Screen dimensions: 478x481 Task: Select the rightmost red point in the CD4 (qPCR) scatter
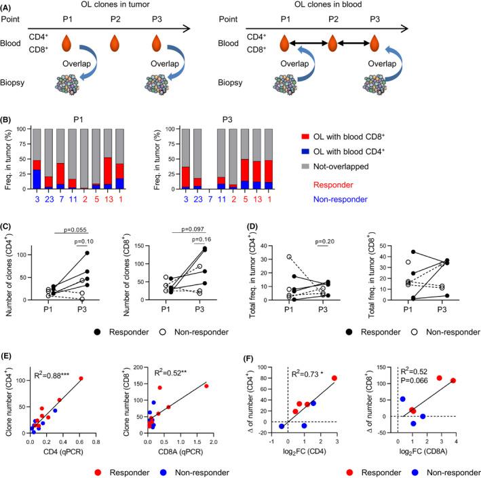click(82, 378)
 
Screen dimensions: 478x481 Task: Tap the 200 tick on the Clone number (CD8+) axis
click(138, 369)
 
